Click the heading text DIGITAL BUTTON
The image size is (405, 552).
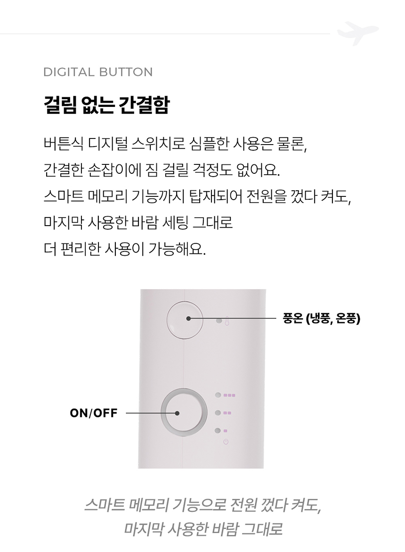[98, 72]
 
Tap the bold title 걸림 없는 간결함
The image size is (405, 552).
[106, 105]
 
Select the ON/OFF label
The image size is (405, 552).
[94, 413]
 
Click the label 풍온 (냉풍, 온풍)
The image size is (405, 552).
[322, 318]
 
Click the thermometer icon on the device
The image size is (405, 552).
[227, 321]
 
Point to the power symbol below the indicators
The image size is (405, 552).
[226, 441]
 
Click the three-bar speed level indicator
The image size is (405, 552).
[229, 395]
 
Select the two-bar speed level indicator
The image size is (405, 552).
[227, 413]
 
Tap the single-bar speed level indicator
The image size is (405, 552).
[226, 430]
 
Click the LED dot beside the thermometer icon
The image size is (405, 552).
[219, 321]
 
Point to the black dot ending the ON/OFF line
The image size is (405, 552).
[177, 413]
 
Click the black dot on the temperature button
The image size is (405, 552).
[188, 318]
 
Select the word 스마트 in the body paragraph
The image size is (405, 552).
[64, 196]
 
